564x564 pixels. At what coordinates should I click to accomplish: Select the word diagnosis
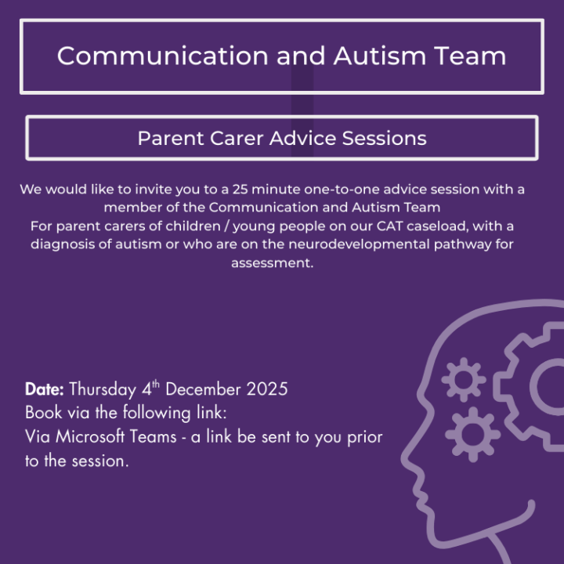pyautogui.click(x=67, y=244)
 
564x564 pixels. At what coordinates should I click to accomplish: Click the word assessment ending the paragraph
pyautogui.click(x=271, y=263)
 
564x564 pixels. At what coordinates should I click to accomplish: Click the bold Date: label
pyautogui.click(x=45, y=389)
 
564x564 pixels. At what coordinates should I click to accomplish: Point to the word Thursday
pyautogui.click(x=103, y=389)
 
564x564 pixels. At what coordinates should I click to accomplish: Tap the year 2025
pyautogui.click(x=267, y=389)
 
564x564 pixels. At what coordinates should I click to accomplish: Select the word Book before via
pyautogui.click(x=42, y=413)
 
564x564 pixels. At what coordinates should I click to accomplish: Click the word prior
pyautogui.click(x=364, y=437)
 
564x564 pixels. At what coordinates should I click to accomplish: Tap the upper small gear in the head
pyautogui.click(x=463, y=380)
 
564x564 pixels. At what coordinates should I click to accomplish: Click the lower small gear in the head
pyautogui.click(x=472, y=433)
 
